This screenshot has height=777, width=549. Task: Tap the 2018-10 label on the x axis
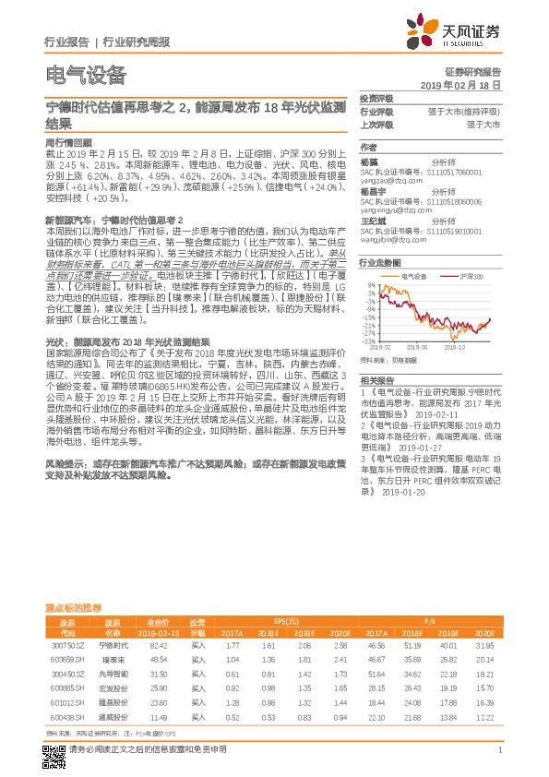[456, 347]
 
